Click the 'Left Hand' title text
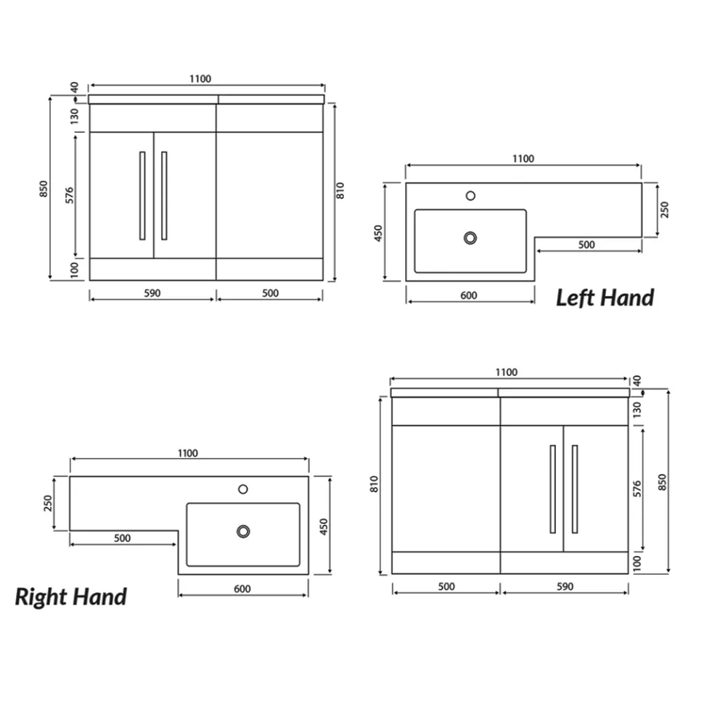pos(605,298)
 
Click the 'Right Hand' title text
pos(71,597)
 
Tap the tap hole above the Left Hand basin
pos(470,196)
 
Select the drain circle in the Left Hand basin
pos(470,238)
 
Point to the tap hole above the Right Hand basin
pos(243,489)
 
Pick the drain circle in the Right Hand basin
pos(243,531)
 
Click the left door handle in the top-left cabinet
pos(142,196)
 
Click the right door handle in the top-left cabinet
pos(164,196)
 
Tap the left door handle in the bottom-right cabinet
pos(553,489)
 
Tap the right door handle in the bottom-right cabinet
pos(575,489)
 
